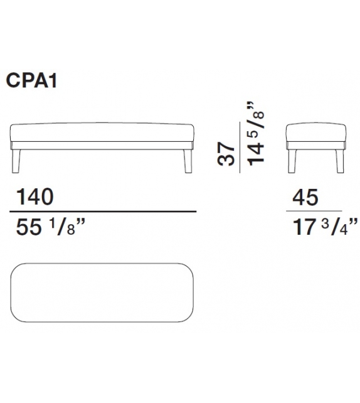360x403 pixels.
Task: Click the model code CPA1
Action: pos(33,81)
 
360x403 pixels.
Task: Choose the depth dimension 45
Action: pos(305,198)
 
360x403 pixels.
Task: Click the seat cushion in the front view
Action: pos(104,133)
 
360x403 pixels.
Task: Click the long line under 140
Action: pos(104,212)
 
